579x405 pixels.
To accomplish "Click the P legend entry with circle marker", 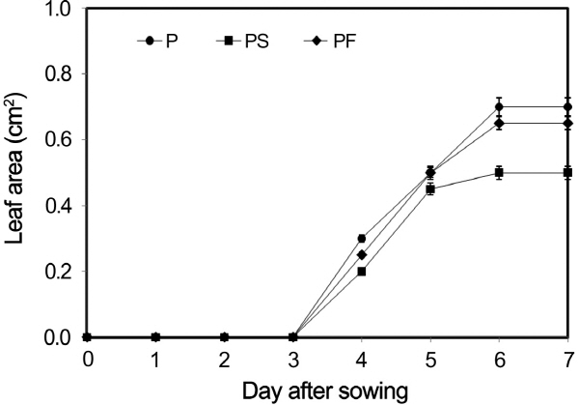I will point(159,42).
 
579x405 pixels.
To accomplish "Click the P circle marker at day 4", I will point(361,239).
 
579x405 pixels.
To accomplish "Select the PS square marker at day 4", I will point(361,272).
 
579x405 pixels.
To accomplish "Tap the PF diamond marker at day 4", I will point(361,255).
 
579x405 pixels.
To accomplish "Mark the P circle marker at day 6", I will point(498,106).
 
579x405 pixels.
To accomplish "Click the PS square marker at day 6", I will point(498,172).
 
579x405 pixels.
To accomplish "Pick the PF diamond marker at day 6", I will point(498,123).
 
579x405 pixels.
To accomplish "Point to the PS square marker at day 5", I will point(429,189).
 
